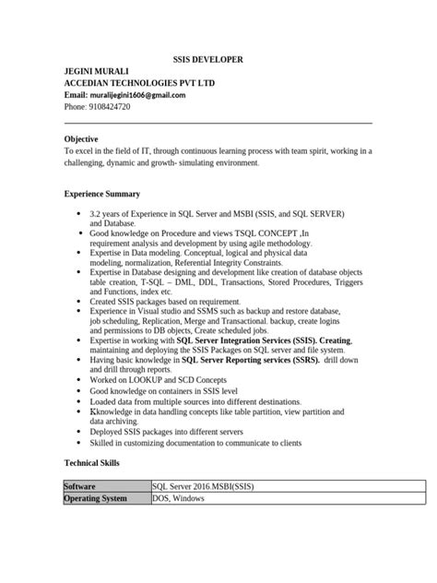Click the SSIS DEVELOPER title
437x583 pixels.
click(x=208, y=59)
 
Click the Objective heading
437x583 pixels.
click(x=81, y=138)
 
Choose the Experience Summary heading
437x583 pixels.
click(x=101, y=195)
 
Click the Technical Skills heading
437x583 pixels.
click(x=98, y=461)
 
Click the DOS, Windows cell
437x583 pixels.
click(x=179, y=499)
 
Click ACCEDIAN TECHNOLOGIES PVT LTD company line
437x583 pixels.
click(x=138, y=83)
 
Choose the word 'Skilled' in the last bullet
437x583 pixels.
click(x=104, y=443)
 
